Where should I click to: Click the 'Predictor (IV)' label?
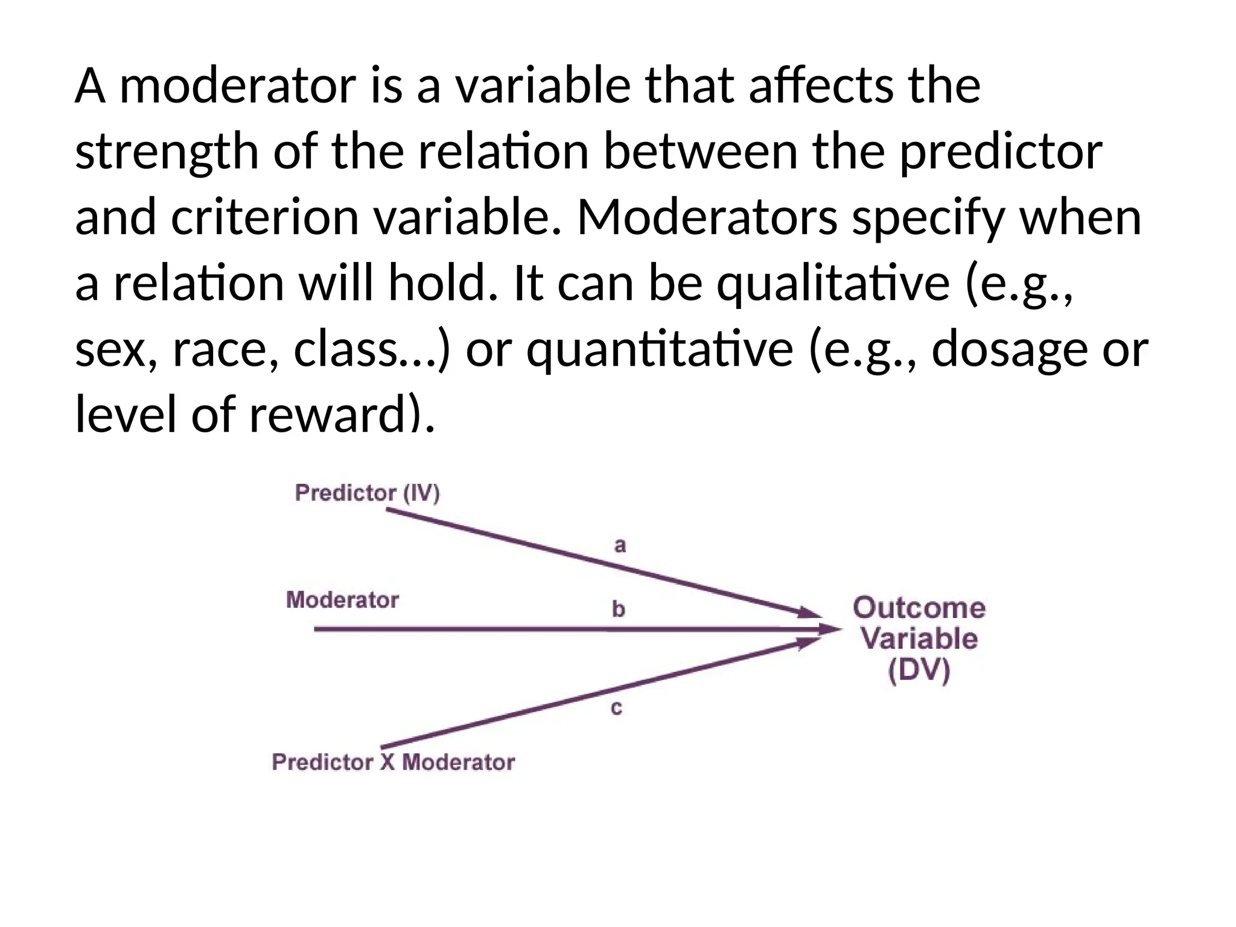[367, 493]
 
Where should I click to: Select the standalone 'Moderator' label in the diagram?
[342, 600]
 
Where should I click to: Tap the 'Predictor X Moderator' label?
[393, 762]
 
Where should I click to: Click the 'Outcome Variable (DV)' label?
[919, 639]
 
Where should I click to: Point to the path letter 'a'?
[620, 546]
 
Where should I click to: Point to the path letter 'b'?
[618, 609]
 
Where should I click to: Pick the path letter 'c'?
[616, 708]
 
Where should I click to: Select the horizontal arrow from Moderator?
[543, 629]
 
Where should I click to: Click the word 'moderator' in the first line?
[238, 86]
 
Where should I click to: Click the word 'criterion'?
[265, 218]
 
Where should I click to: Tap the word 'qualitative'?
[833, 284]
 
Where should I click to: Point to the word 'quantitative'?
[659, 350]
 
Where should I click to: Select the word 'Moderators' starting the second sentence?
[707, 218]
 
